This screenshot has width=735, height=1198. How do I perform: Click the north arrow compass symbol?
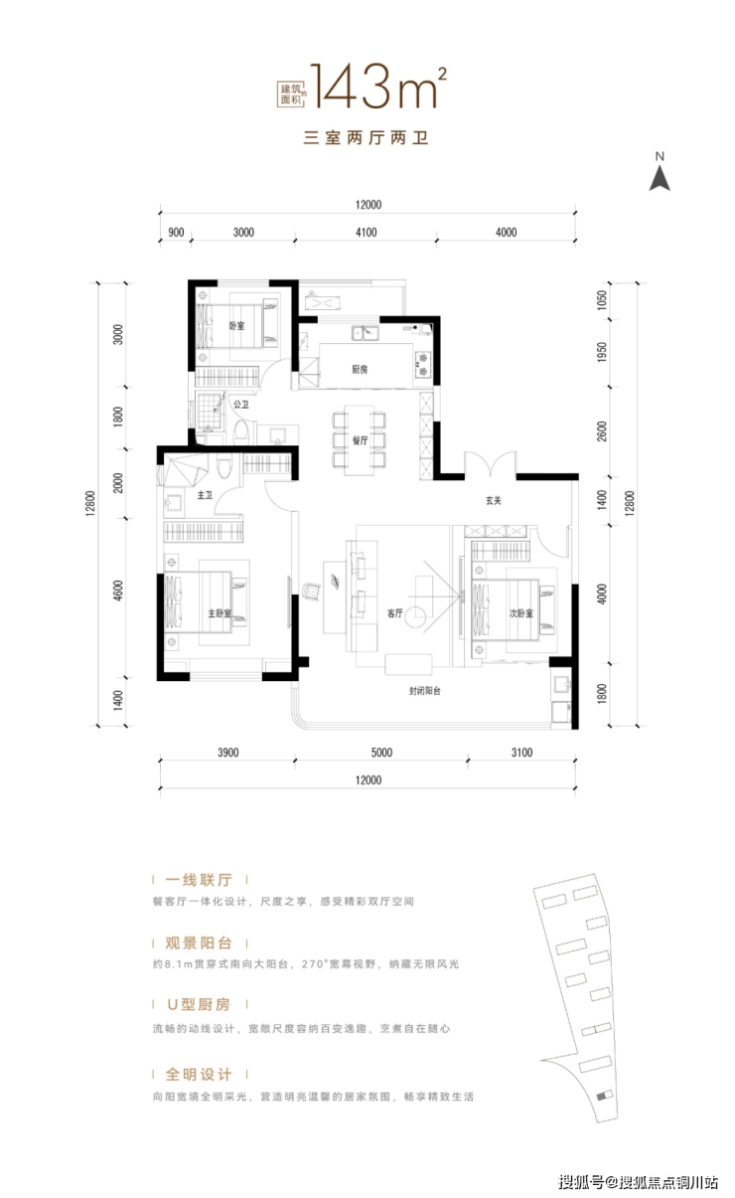tap(660, 176)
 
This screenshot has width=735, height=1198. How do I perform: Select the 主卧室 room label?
tap(220, 613)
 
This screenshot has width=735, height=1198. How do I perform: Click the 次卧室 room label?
tap(521, 613)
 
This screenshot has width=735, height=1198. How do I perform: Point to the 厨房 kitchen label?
tap(361, 369)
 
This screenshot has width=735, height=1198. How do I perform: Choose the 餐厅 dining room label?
tap(361, 438)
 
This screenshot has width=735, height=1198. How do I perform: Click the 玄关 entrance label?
tap(494, 500)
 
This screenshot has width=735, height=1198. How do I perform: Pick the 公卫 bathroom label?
tap(240, 405)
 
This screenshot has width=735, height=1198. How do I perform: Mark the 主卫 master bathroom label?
tap(205, 494)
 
